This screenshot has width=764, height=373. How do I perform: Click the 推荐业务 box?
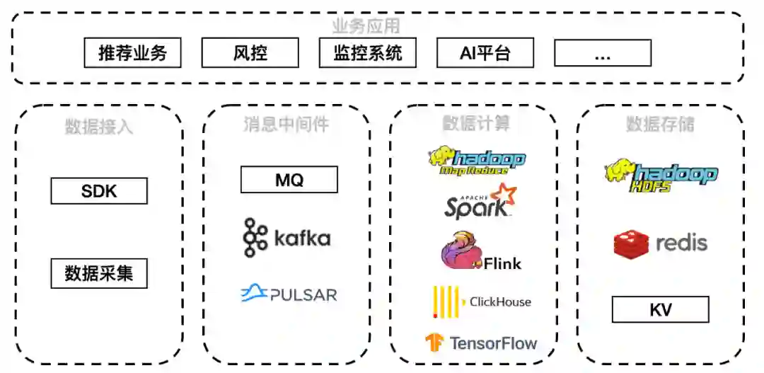click(x=132, y=53)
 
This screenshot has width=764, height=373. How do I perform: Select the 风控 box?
click(x=250, y=53)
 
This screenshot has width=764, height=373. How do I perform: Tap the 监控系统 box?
click(x=367, y=53)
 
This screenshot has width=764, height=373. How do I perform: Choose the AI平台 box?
click(x=485, y=53)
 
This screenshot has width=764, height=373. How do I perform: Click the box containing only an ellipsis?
click(x=602, y=53)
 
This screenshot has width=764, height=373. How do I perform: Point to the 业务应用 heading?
click(x=366, y=27)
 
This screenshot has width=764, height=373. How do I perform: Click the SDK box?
click(x=99, y=191)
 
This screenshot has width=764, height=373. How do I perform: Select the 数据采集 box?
click(x=99, y=273)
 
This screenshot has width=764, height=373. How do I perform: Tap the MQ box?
click(x=289, y=180)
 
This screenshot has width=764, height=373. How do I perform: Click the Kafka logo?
click(x=286, y=238)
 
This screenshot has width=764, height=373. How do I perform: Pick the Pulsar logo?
click(x=289, y=294)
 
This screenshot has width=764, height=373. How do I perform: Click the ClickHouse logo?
click(x=481, y=302)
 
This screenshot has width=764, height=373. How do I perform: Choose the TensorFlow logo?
click(x=481, y=344)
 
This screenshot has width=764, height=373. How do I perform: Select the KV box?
click(x=660, y=309)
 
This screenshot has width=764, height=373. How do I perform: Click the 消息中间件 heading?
click(x=286, y=125)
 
